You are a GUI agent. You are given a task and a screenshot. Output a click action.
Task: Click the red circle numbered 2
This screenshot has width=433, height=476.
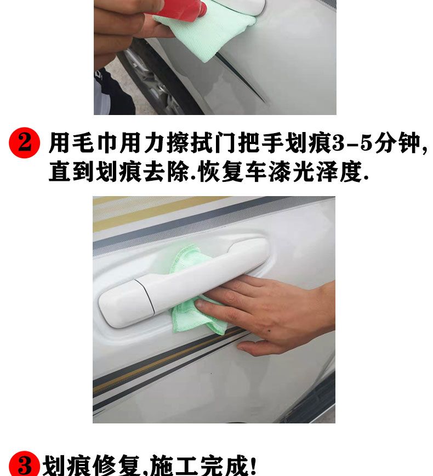point(24,142)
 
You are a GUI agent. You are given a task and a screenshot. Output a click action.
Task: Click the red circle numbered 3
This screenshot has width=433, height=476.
point(24,464)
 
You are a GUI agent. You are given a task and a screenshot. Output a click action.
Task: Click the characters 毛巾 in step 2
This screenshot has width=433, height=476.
point(83,142)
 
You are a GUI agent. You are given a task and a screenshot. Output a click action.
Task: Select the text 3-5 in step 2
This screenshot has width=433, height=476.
point(352,142)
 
